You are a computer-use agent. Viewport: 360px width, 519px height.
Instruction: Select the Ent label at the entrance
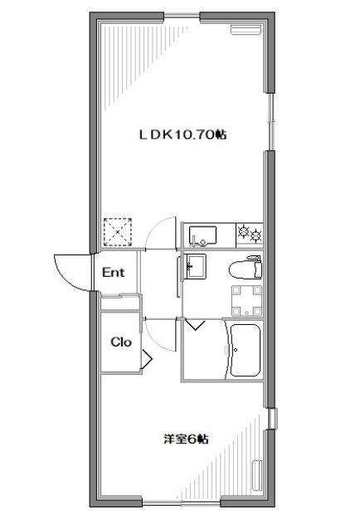[x=114, y=272]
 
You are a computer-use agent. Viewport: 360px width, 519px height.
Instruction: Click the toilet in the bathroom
[x=246, y=268]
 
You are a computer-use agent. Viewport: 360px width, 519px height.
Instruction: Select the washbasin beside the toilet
[x=197, y=267]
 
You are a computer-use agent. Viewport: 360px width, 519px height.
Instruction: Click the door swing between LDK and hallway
[x=159, y=232]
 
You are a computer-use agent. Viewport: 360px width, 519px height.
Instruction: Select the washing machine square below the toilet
[x=246, y=301]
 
